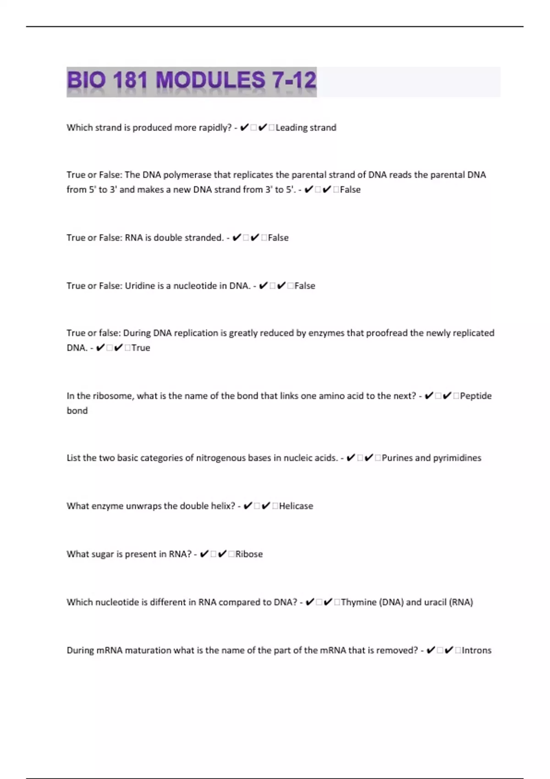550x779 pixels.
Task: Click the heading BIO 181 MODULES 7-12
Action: coord(192,81)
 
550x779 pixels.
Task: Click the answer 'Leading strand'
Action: coord(306,128)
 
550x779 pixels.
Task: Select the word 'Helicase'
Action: coord(296,506)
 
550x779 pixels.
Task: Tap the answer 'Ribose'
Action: coord(249,554)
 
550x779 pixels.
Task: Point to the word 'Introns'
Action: coord(477,651)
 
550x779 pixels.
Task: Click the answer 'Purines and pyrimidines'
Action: coord(431,458)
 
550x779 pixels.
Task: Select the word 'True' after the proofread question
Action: coord(141,348)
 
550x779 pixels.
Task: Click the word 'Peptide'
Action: coord(476,396)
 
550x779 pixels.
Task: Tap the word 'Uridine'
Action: coord(140,286)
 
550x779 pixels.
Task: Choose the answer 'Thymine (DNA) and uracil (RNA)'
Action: coord(407,603)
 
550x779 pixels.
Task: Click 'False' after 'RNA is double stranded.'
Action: coord(278,238)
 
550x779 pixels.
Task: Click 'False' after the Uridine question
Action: coord(305,286)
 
